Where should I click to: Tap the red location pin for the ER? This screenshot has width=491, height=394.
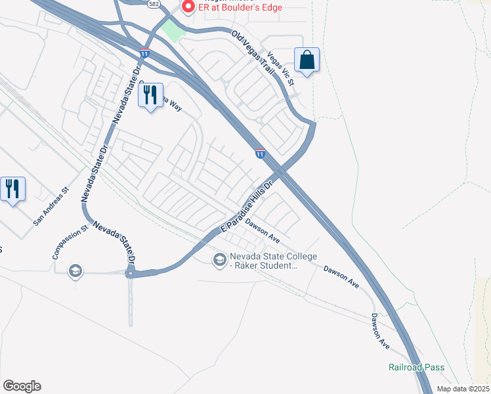coord(188,7)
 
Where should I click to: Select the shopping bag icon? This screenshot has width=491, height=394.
coord(307,60)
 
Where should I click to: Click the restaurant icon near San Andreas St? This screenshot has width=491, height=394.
coord(12,189)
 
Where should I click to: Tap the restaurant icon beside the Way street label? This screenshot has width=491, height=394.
coord(150,95)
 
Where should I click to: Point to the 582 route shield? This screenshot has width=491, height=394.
coord(154,3)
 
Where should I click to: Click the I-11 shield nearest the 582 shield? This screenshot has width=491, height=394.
coord(144,53)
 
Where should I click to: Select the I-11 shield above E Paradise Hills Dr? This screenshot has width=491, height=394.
coord(260,154)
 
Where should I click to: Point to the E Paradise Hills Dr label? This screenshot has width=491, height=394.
coord(246,206)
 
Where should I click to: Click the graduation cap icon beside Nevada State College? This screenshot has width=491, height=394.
coord(219,261)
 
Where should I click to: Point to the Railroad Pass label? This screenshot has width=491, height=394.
coord(416,367)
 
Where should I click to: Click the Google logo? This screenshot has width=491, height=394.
coord(22,386)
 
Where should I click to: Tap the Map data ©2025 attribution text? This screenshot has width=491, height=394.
coord(463,389)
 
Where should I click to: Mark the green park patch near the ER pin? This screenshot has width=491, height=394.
coord(173,30)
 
